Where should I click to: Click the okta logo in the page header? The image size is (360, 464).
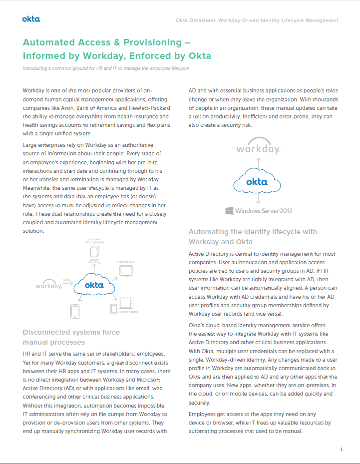(31, 19)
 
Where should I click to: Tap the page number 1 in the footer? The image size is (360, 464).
(341, 450)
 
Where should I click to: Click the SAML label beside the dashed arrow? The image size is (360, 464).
(66, 280)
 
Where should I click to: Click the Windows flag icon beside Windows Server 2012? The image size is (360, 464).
(230, 211)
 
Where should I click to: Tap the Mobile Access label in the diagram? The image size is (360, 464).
(128, 312)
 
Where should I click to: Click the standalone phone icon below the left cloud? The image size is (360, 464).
(75, 311)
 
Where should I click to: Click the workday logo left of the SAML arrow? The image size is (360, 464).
(49, 286)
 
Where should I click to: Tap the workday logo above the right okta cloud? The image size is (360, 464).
(258, 149)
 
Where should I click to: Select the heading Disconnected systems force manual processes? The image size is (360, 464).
(71, 337)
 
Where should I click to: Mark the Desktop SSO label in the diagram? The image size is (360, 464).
(126, 262)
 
